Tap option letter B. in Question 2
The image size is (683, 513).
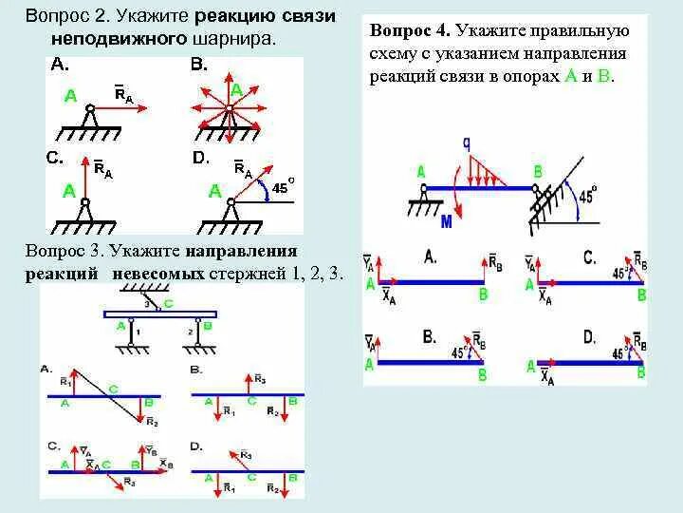[198, 65]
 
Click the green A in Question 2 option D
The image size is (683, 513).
[215, 191]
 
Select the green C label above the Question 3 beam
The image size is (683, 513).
[169, 303]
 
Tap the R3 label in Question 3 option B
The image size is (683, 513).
[259, 378]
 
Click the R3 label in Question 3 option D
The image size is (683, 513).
[245, 455]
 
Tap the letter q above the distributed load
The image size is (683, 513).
[466, 142]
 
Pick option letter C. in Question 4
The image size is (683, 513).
[589, 256]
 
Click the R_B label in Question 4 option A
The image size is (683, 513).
[494, 261]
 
